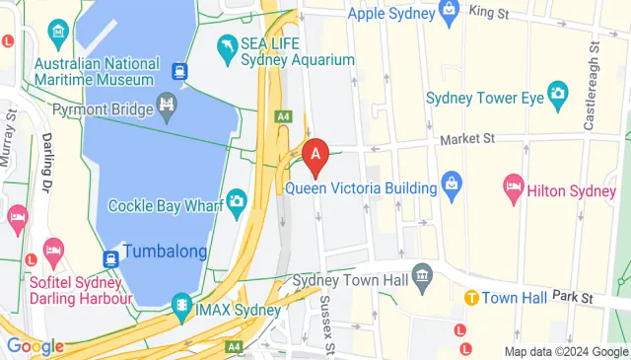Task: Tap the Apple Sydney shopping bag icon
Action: point(451,14)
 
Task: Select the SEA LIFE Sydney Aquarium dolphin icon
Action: point(229,46)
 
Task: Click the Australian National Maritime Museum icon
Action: point(59,36)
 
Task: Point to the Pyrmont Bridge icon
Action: point(167,103)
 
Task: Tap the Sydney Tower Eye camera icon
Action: point(558,95)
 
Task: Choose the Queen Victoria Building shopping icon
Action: point(452,181)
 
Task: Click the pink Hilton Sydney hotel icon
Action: point(513,184)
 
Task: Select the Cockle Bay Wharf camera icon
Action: point(237,202)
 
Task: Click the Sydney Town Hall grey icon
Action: point(423,273)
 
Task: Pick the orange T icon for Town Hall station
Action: point(471,297)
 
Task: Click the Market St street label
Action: point(467,140)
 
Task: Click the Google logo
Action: point(35,346)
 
